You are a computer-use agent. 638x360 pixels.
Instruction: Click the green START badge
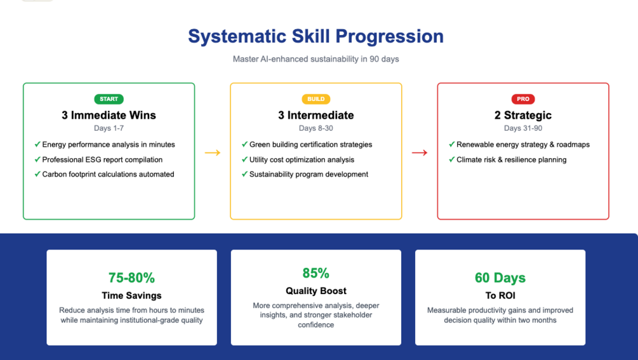[x=109, y=99]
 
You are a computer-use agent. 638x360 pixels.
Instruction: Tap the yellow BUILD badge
[x=316, y=99]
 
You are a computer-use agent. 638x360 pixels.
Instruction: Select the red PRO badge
[x=523, y=99]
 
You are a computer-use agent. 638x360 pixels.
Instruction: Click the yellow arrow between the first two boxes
[x=213, y=152]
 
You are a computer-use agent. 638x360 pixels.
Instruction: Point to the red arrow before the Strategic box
[x=420, y=152]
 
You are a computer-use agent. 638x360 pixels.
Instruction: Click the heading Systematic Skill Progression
[x=316, y=36]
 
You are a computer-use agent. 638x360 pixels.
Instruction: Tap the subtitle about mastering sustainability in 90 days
[x=316, y=59]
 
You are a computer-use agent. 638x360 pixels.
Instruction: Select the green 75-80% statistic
[x=131, y=277]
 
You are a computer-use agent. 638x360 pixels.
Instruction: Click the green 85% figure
[x=316, y=273]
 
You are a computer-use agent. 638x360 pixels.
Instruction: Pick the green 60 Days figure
[x=500, y=277]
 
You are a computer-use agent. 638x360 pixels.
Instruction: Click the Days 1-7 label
[x=109, y=128]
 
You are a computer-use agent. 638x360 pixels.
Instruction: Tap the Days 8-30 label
[x=316, y=128]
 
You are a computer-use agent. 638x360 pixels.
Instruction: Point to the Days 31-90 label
[x=523, y=128]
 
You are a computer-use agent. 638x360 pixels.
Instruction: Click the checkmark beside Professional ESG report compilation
[x=37, y=159]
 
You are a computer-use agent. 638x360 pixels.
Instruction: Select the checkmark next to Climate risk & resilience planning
[x=451, y=159]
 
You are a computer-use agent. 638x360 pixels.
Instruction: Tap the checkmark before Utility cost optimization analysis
[x=244, y=159]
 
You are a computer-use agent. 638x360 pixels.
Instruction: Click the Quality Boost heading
[x=316, y=291]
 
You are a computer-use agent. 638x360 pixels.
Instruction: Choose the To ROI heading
[x=500, y=295]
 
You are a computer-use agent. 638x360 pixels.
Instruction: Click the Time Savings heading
[x=131, y=295]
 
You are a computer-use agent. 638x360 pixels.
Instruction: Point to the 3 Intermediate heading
[x=316, y=115]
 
